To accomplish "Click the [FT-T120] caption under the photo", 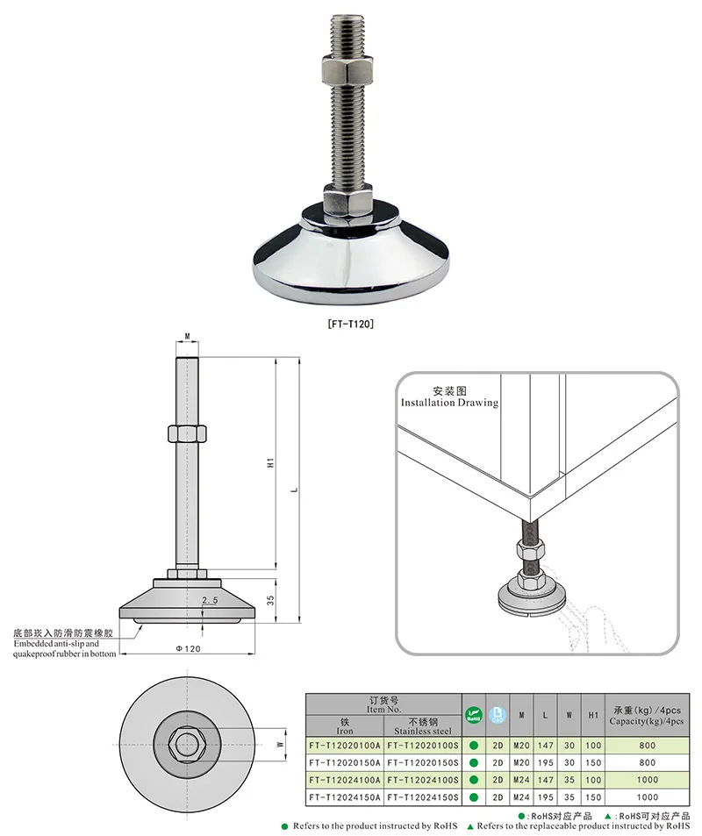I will [x=350, y=324].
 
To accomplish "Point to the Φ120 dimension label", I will [x=188, y=648].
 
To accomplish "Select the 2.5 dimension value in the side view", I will [x=209, y=601].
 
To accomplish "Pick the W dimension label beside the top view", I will [x=280, y=744].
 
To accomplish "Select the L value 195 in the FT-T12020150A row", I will [x=545, y=763].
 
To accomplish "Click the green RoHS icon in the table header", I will [x=474, y=714].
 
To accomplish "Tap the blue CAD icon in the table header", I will [x=498, y=714].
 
